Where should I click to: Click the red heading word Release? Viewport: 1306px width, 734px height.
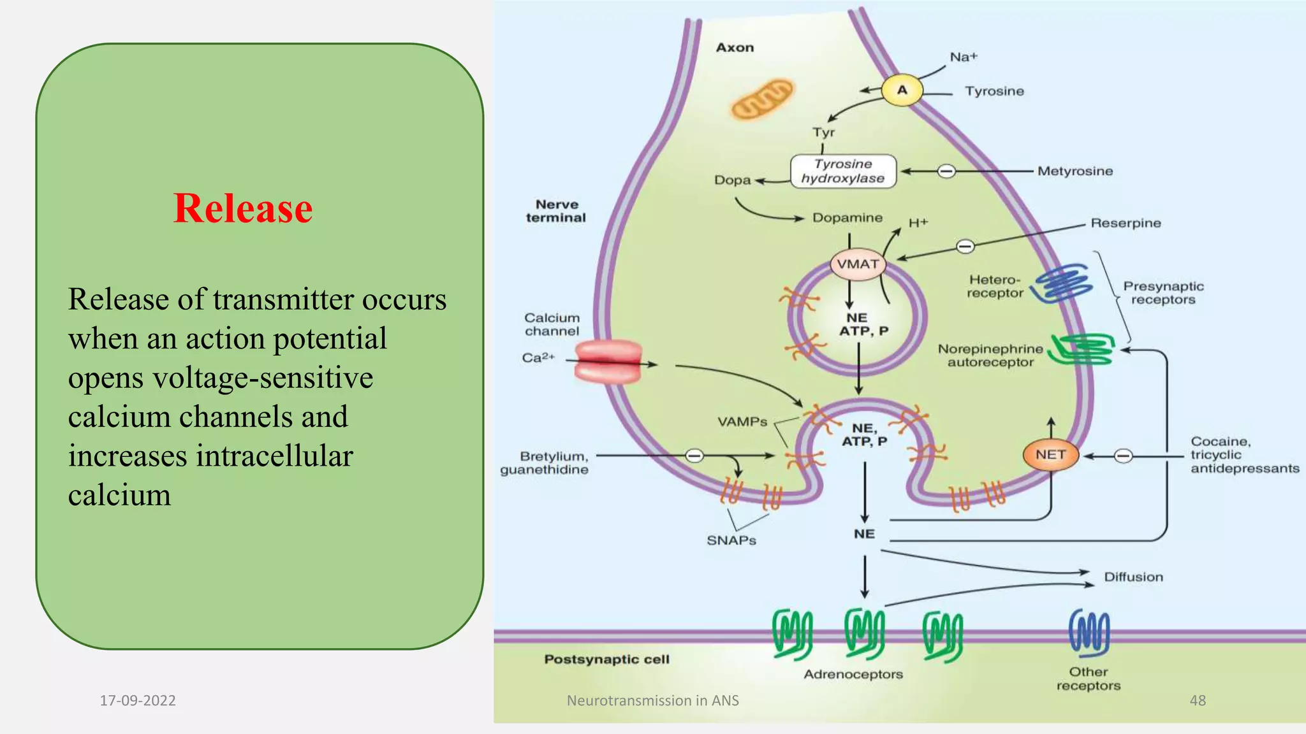click(x=243, y=208)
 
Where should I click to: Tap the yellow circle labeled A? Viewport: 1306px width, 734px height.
click(x=902, y=90)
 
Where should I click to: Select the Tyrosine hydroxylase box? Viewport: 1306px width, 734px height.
click(x=843, y=171)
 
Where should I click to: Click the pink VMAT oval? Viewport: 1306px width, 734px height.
click(x=858, y=264)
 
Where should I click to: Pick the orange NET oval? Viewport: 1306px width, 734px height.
click(x=1050, y=454)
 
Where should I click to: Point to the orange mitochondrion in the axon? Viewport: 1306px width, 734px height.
click(x=762, y=99)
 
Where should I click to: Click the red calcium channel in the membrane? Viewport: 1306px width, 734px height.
click(x=608, y=361)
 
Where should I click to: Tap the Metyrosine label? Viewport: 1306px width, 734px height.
click(x=1075, y=171)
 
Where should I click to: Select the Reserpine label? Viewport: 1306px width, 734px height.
click(x=1126, y=223)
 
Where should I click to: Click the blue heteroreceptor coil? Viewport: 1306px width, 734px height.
click(x=1062, y=283)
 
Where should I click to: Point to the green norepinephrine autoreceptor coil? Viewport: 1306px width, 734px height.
click(x=1082, y=350)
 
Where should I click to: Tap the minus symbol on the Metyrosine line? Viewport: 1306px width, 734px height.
click(x=946, y=171)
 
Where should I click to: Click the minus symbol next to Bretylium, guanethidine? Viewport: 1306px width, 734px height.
click(x=694, y=456)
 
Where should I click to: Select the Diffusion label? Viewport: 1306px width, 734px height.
click(x=1133, y=577)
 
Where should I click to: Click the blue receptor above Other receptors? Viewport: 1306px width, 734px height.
click(x=1089, y=633)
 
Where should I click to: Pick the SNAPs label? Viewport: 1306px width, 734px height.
click(x=731, y=540)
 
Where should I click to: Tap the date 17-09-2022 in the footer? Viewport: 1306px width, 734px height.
click(x=138, y=700)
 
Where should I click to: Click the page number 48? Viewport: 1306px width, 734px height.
click(x=1198, y=700)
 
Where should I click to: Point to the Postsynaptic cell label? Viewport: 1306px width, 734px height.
click(x=606, y=659)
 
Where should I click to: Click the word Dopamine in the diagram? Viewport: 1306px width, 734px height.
click(x=847, y=218)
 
